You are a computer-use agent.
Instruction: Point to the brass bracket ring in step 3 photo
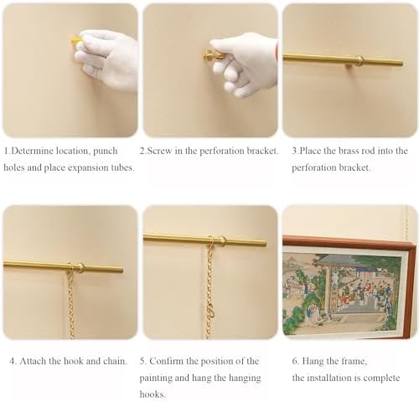click(360, 60)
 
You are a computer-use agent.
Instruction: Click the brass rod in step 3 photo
click(327, 59)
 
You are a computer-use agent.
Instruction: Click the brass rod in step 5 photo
click(184, 240)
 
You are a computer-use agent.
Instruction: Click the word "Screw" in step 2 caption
click(165, 151)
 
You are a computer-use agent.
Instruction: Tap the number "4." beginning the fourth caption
click(13, 362)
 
